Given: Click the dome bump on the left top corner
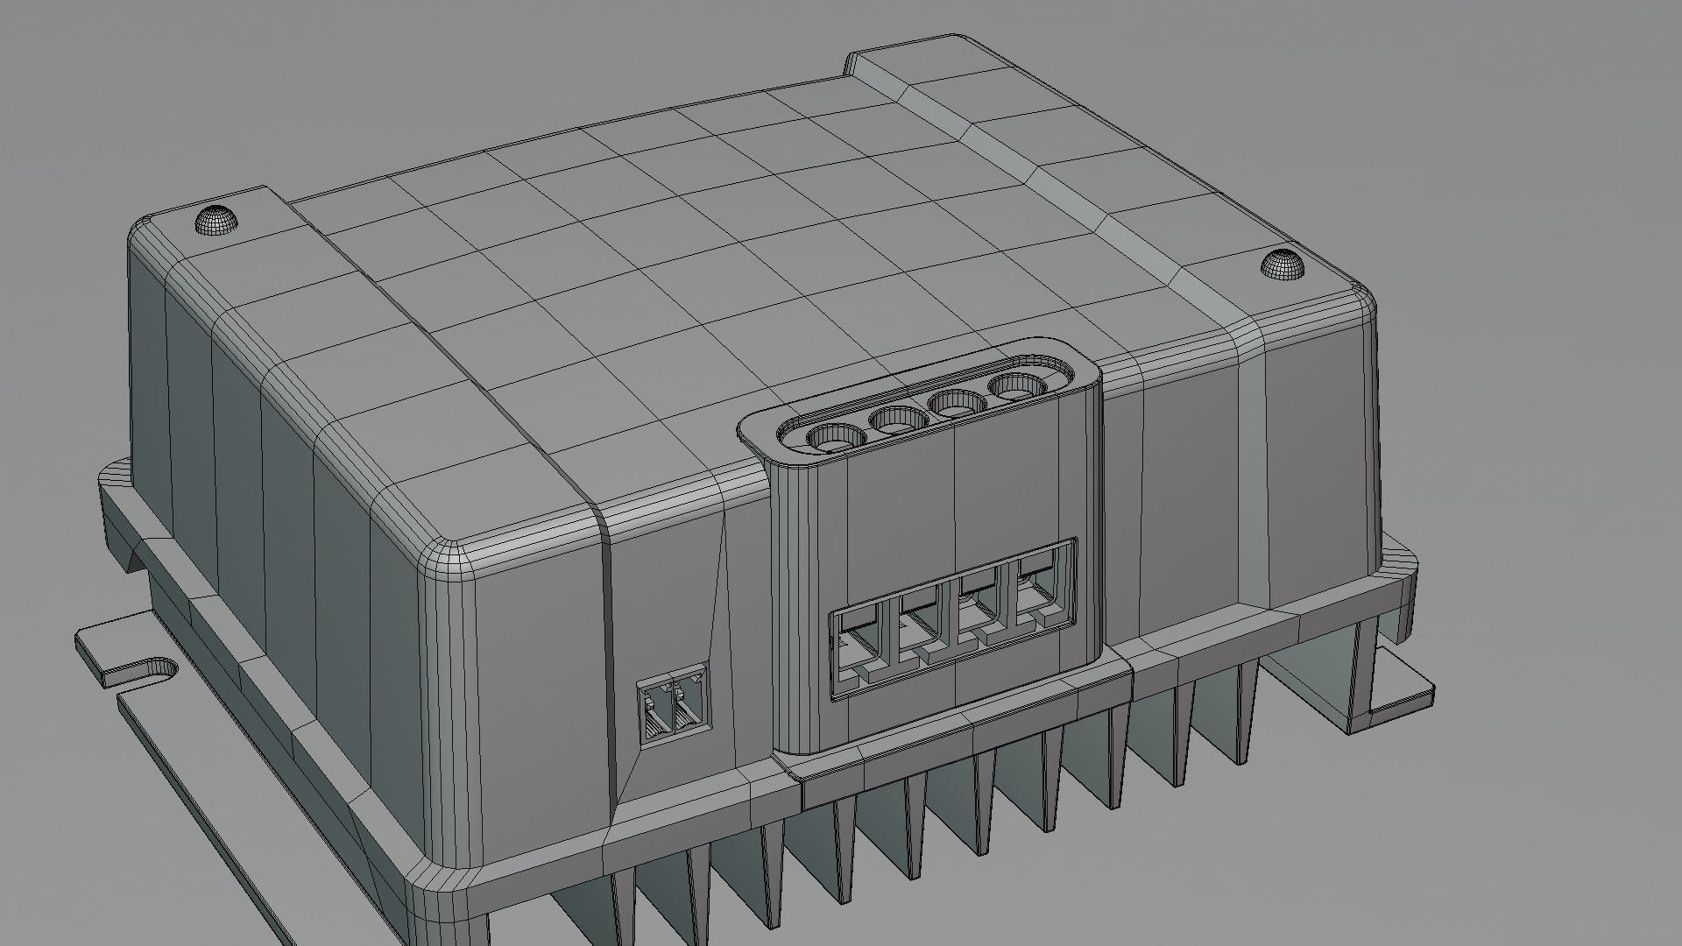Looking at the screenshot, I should tap(216, 219).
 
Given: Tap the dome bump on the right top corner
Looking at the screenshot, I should tap(1283, 264).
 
